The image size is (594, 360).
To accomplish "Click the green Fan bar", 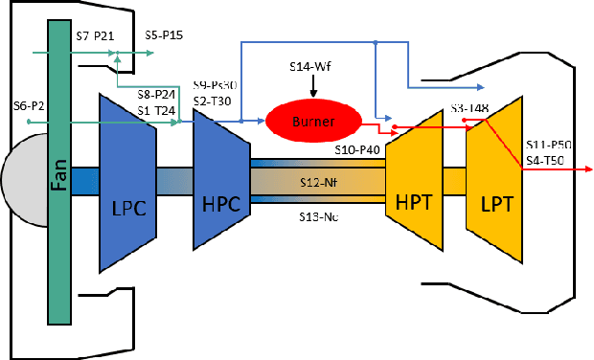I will click(x=59, y=182).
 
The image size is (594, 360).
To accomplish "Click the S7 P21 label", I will click(x=95, y=34).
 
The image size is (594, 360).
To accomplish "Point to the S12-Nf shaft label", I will click(x=317, y=180).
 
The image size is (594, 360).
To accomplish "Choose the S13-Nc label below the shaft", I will click(x=317, y=216).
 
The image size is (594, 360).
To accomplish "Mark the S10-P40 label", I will click(x=357, y=148).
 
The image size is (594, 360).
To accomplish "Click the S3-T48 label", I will click(x=470, y=108).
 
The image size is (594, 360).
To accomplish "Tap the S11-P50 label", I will click(x=549, y=144).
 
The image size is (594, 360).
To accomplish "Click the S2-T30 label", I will click(x=213, y=100).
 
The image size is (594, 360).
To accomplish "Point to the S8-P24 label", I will click(x=155, y=96).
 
